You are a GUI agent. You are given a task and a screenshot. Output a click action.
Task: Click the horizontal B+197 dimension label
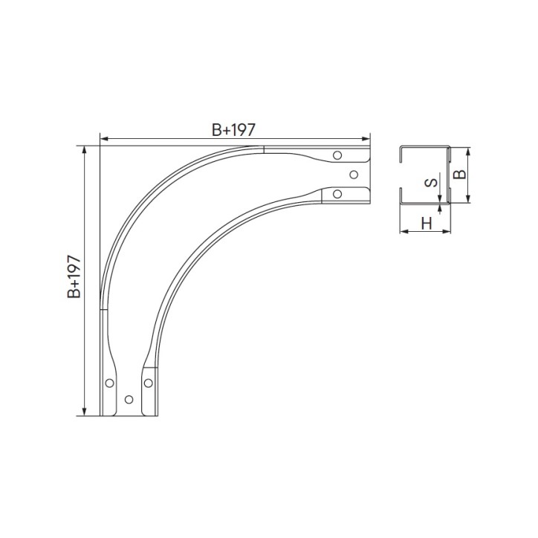pyautogui.click(x=233, y=130)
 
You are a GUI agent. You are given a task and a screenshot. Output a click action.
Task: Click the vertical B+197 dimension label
pyautogui.click(x=74, y=276)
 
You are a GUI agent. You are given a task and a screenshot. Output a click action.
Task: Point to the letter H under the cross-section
pyautogui.click(x=427, y=224)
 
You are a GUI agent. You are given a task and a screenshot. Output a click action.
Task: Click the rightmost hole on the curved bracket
pyautogui.click(x=354, y=175)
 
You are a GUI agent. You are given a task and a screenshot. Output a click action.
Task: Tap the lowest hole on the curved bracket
pyautogui.click(x=129, y=399)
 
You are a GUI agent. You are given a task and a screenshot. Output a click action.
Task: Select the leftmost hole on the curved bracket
pyautogui.click(x=109, y=383)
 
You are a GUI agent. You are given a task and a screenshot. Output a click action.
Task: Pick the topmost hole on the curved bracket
pyautogui.click(x=337, y=155)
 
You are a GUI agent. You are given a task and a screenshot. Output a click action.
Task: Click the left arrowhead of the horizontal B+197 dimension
pyautogui.click(x=103, y=139)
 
